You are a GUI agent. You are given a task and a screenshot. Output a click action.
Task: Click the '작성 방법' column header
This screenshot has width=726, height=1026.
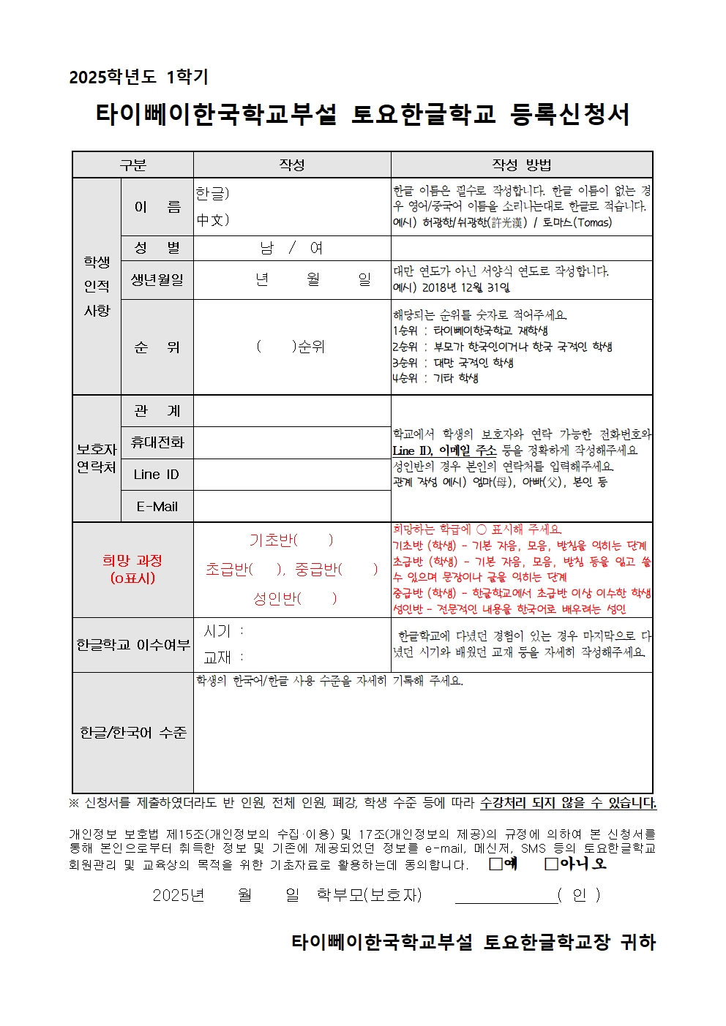pos(521,165)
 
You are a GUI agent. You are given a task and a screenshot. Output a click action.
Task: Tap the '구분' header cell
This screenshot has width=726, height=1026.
pos(132,165)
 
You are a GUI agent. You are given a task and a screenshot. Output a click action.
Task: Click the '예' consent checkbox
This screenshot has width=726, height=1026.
pos(496,864)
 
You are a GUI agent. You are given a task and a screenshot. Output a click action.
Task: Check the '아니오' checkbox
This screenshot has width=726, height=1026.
pos(552,864)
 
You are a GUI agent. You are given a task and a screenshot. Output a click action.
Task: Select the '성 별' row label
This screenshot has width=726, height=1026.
pos(157,248)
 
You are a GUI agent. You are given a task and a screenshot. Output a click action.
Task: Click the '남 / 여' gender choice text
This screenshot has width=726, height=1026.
pos(291,248)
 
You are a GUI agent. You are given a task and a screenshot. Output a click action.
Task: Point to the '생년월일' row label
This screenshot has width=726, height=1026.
pos(157,280)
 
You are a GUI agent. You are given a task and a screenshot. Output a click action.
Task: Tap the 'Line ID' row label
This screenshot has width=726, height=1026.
pos(157,475)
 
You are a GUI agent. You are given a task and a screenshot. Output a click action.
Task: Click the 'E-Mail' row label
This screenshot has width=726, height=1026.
pos(157,506)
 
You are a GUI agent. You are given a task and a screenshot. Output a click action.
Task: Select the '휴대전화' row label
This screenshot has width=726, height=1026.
pos(157,442)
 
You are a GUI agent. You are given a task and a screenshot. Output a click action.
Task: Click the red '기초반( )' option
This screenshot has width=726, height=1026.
pos(291,540)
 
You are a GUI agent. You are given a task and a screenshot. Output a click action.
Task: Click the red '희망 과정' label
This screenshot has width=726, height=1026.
pos(132,561)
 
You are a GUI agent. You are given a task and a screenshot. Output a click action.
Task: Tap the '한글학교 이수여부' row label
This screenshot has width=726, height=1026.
pos(132,645)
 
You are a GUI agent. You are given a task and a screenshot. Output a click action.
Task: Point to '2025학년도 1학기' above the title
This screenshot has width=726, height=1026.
pos(138,77)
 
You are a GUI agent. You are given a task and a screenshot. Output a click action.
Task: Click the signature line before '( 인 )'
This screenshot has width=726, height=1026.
pos(506,897)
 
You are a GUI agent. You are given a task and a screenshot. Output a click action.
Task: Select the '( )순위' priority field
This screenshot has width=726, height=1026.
pos(291,347)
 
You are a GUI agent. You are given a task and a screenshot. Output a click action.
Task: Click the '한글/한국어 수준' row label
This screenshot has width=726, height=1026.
pos(132,732)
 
